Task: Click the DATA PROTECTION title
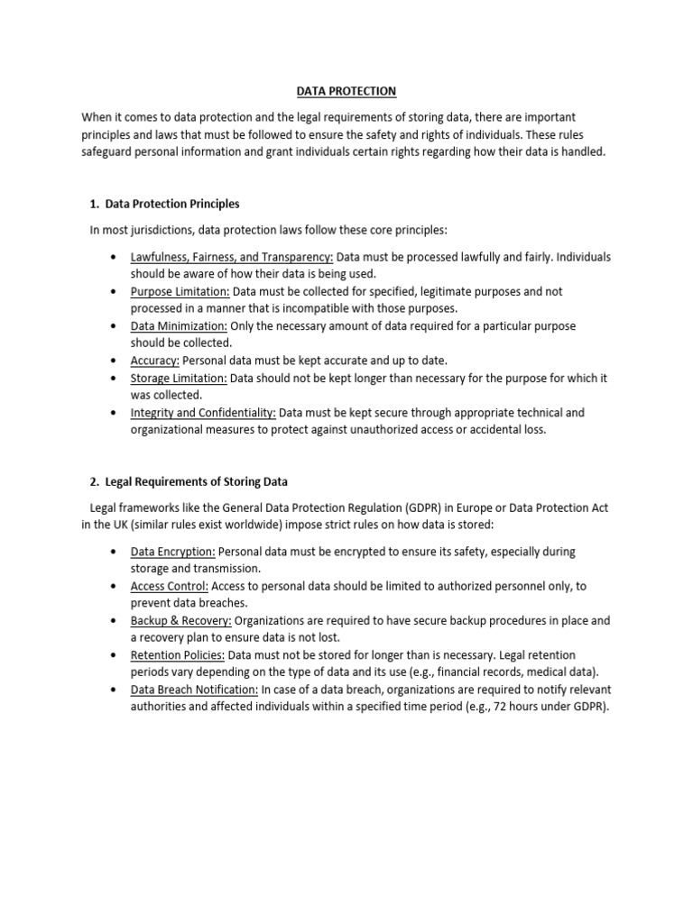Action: (x=346, y=91)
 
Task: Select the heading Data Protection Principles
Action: (x=172, y=204)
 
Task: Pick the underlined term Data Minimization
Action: (x=179, y=325)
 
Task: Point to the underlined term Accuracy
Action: (x=155, y=360)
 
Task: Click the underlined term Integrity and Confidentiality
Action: (x=203, y=413)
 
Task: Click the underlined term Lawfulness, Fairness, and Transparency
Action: (x=232, y=257)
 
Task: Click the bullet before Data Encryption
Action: (x=112, y=552)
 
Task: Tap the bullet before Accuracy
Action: (x=112, y=360)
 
